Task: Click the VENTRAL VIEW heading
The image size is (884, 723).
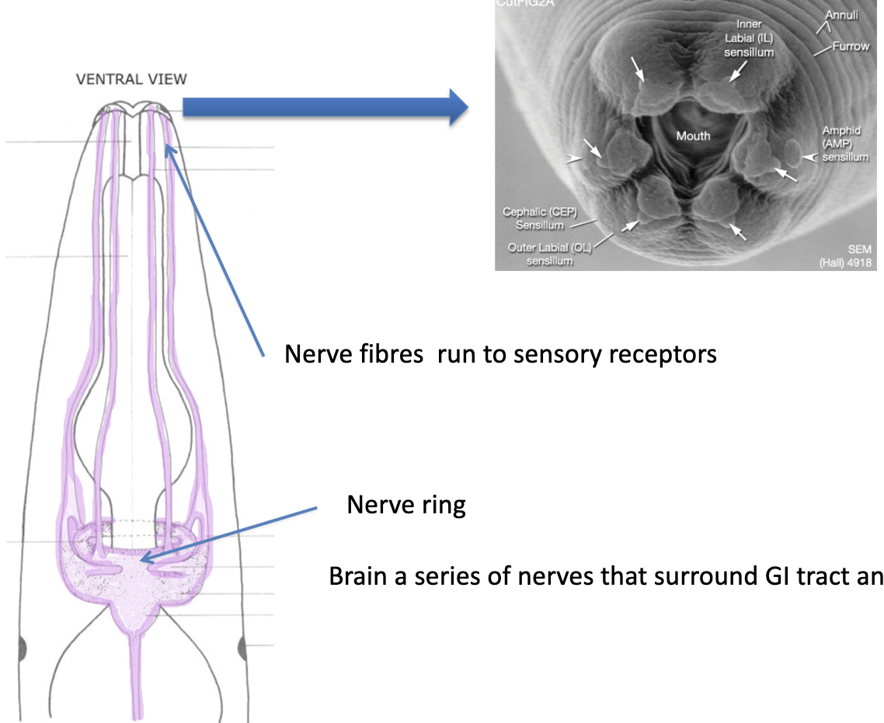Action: coord(131,78)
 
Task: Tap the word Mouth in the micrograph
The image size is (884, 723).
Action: coord(693,136)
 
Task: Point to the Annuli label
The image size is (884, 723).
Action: coord(841,15)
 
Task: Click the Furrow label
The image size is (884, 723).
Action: coord(851,47)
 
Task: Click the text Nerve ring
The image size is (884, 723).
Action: coord(405,506)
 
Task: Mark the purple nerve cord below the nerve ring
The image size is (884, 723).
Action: coord(136,676)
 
